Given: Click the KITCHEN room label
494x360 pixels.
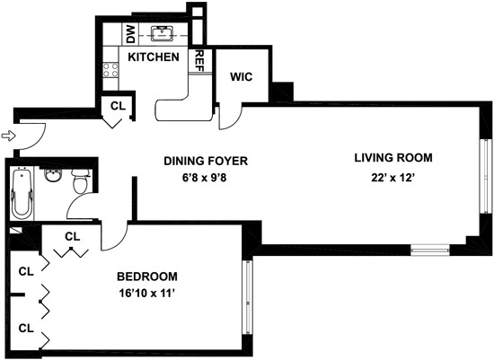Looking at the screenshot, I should [153, 57].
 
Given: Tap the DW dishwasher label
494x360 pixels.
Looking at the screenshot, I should [129, 35].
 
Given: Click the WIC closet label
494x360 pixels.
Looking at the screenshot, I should [242, 77].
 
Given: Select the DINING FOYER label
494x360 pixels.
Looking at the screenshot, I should [205, 162].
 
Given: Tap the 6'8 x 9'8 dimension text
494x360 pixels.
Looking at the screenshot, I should [205, 178].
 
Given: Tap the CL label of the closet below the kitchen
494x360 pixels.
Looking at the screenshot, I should [118, 106].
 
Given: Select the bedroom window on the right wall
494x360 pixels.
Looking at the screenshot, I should [246, 289].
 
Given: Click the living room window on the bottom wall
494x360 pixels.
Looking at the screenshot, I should [428, 247].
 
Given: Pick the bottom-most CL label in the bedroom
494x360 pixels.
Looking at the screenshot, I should [26, 329].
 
